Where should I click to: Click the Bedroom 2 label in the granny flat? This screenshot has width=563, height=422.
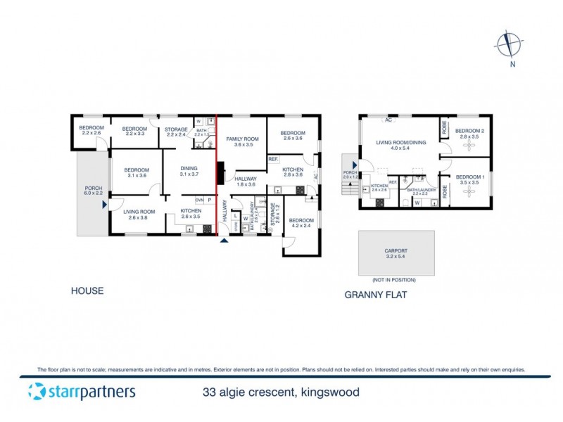pos(467,134)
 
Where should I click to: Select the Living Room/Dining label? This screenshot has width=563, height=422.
pos(401,146)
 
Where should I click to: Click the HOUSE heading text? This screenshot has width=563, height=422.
pos(87,290)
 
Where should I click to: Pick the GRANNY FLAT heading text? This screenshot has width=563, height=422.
pos(376,295)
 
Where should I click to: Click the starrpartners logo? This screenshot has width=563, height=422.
pos(82,391)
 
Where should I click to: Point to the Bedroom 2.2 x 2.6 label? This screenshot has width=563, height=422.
pos(91,130)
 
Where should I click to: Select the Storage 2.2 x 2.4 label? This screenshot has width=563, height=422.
pos(176,132)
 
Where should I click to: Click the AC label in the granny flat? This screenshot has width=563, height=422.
pos(388,120)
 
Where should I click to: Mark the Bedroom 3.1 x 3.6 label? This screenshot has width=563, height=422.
pos(137,172)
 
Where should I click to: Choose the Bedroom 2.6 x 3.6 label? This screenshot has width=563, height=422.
pos(293,136)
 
